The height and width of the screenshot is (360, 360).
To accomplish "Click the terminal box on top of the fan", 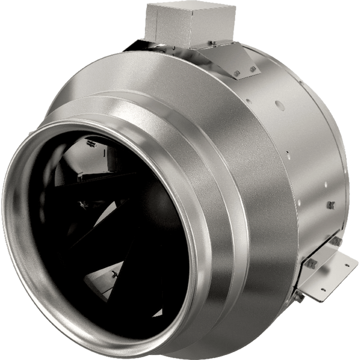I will click(190, 24).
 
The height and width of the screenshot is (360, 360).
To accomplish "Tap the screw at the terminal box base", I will click(211, 43).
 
